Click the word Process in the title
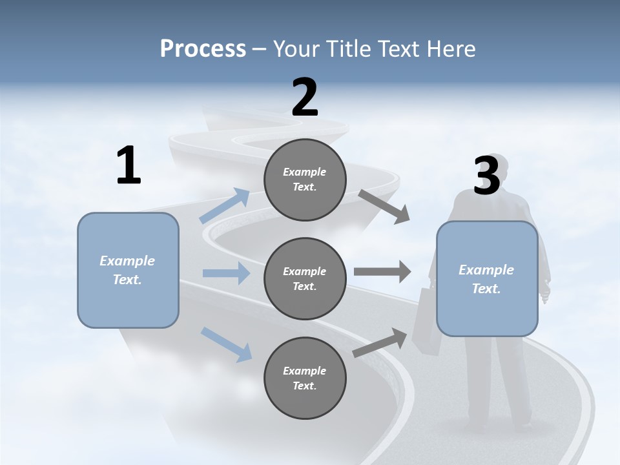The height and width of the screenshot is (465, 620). [203, 49]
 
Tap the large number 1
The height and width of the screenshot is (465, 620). [129, 166]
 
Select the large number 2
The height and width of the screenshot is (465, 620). [305, 98]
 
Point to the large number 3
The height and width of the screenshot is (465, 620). [486, 176]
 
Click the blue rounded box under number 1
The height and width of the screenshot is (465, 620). [128, 270]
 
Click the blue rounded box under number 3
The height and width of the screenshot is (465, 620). [487, 279]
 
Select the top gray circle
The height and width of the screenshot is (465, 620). [305, 180]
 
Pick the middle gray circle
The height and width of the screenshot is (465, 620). [305, 279]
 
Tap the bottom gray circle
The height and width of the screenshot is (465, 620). [305, 378]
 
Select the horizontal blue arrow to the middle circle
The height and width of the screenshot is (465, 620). [226, 273]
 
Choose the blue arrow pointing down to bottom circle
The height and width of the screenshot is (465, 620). [226, 344]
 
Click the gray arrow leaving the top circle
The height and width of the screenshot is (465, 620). [384, 207]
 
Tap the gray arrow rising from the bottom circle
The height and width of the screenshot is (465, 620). [380, 343]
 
